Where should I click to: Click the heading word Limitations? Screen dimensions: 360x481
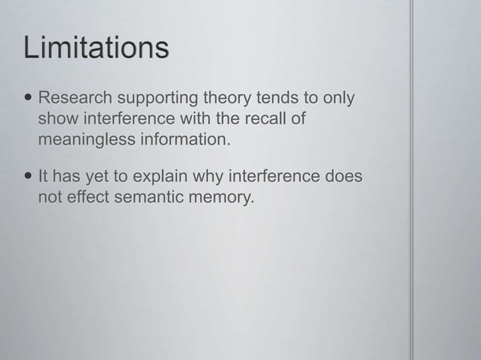pos(97,49)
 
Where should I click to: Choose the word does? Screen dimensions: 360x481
pos(342,178)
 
